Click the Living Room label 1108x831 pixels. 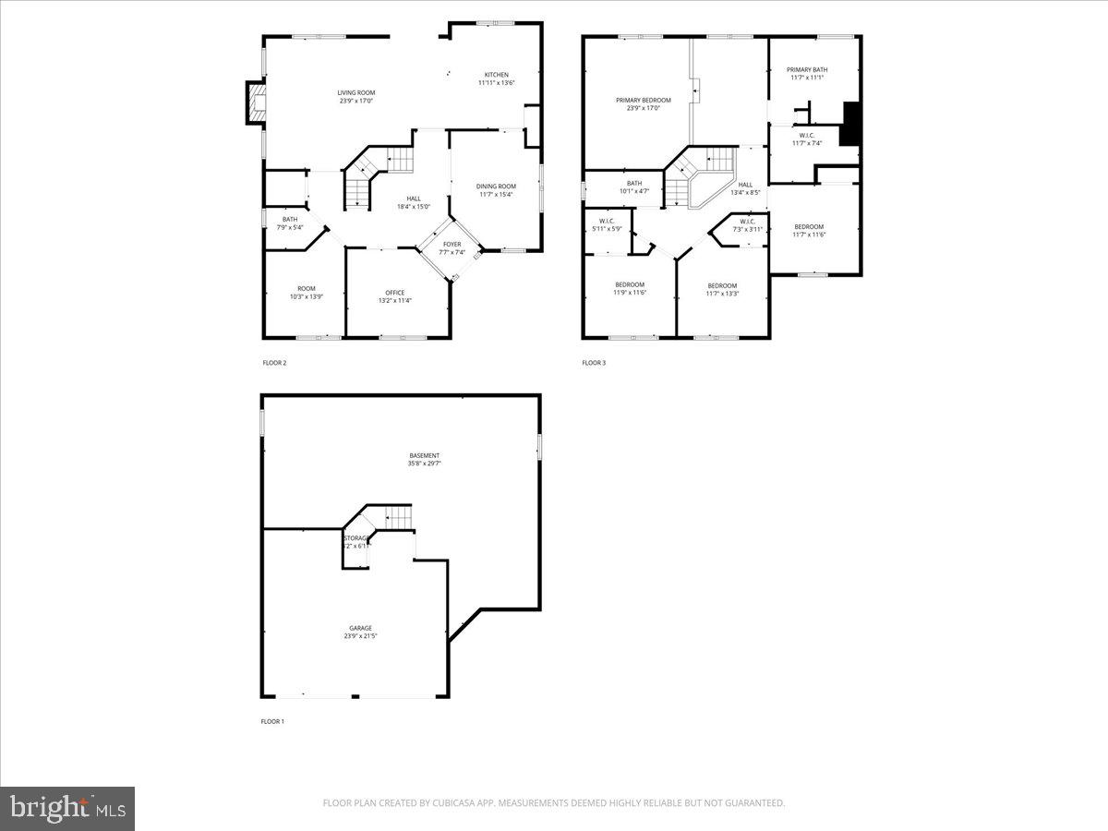[355, 92]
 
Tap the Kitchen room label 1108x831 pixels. [497, 75]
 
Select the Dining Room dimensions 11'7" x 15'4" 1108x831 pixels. [496, 195]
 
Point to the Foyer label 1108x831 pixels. [452, 245]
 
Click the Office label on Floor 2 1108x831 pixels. [394, 293]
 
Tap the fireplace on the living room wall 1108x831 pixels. [255, 102]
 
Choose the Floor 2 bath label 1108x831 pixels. [290, 219]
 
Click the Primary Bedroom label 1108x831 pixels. [643, 100]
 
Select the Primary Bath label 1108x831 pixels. [807, 69]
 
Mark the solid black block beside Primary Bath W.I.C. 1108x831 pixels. [850, 124]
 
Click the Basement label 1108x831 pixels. [425, 455]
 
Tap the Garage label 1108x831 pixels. [360, 628]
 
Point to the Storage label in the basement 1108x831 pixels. [357, 538]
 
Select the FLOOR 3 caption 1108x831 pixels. [594, 363]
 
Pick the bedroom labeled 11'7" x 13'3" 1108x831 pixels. [722, 285]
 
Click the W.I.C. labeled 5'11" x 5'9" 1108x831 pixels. [607, 221]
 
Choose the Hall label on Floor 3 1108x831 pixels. [745, 184]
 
